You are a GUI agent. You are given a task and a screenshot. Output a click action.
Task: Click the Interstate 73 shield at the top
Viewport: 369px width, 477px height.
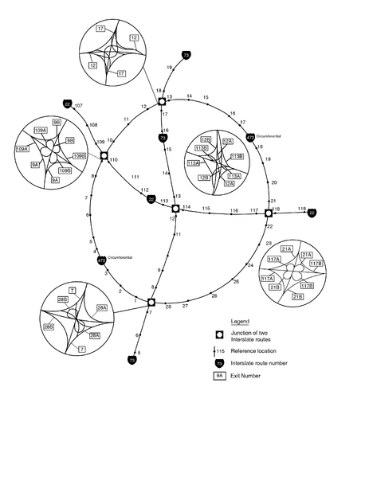pyautogui.click(x=186, y=55)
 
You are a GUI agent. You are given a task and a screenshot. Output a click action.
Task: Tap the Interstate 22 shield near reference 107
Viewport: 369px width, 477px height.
pyautogui.click(x=68, y=104)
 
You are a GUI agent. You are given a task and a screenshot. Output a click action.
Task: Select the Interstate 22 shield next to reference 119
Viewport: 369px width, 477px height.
pyautogui.click(x=312, y=213)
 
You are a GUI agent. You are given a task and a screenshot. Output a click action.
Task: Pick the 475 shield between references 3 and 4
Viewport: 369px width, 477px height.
pyautogui.click(x=101, y=260)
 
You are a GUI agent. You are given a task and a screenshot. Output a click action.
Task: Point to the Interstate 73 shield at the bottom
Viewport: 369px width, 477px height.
pyautogui.click(x=132, y=360)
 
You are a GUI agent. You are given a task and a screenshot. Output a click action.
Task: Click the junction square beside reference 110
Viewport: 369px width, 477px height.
pyautogui.click(x=104, y=155)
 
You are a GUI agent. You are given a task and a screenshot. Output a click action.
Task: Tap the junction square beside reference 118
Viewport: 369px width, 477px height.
pyautogui.click(x=269, y=213)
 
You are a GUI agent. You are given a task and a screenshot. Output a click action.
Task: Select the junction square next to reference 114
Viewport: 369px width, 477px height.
pyautogui.click(x=175, y=209)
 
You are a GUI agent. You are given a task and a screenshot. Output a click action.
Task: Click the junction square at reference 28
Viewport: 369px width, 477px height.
pyautogui.click(x=151, y=302)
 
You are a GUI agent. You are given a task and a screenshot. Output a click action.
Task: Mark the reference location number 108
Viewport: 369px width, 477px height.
pyautogui.click(x=93, y=125)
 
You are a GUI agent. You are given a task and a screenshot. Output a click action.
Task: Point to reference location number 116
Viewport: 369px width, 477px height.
pyautogui.click(x=234, y=209)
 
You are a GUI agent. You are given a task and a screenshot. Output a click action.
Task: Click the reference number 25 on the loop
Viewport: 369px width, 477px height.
pyautogui.click(x=235, y=281)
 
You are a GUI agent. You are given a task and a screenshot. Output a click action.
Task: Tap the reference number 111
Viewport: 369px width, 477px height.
pyautogui.click(x=135, y=176)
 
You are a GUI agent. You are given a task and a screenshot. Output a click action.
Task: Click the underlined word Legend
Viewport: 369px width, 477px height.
pyautogui.click(x=240, y=321)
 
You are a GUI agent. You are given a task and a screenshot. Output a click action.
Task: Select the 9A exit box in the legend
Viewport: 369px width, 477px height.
pyautogui.click(x=220, y=374)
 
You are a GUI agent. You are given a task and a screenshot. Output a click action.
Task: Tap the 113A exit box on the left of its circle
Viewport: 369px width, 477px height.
pyautogui.click(x=194, y=162)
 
